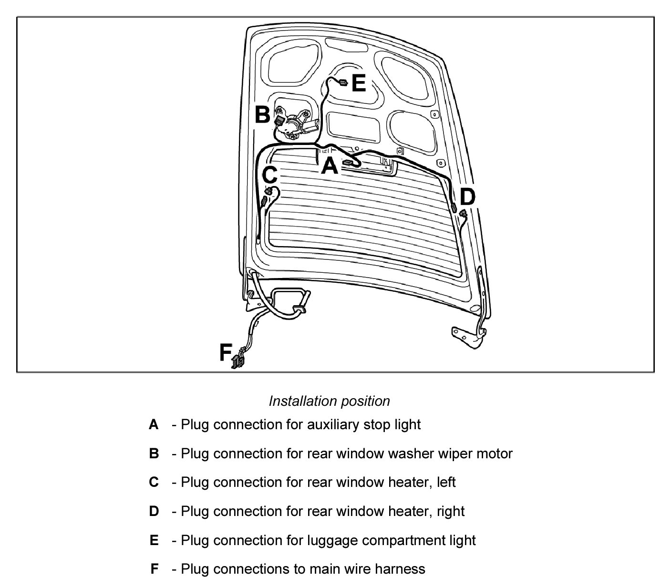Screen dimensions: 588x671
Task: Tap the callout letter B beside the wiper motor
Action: [x=263, y=115]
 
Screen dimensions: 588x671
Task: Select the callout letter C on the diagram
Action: [x=270, y=175]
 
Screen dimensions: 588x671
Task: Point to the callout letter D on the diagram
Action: [x=467, y=197]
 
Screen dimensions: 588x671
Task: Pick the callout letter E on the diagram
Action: [x=359, y=83]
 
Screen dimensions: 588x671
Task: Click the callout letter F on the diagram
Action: [x=226, y=353]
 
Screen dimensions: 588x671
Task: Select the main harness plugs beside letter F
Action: [x=237, y=361]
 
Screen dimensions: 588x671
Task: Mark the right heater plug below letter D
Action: [x=463, y=215]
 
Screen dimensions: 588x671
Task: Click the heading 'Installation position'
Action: [x=330, y=401]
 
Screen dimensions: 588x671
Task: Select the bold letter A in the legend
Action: [x=154, y=424]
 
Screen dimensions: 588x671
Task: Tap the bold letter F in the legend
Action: [x=154, y=569]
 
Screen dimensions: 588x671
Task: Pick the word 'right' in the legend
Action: [x=450, y=511]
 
